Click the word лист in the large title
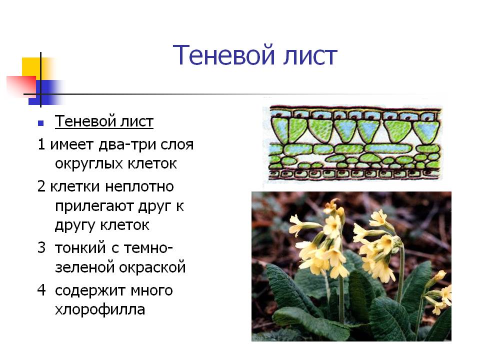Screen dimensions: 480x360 [310, 55]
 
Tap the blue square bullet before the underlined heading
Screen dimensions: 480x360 [40, 123]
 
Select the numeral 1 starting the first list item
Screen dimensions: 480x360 [41, 144]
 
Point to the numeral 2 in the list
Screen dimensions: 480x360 [41, 186]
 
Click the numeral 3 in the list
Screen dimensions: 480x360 [41, 247]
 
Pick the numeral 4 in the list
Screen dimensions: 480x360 [41, 289]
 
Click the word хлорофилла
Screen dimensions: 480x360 [100, 309]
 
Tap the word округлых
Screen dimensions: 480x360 [89, 164]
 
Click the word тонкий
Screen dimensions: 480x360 [80, 247]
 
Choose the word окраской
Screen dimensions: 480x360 [152, 267]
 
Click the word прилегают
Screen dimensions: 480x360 [94, 206]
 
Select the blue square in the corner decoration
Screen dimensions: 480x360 [46, 92]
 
